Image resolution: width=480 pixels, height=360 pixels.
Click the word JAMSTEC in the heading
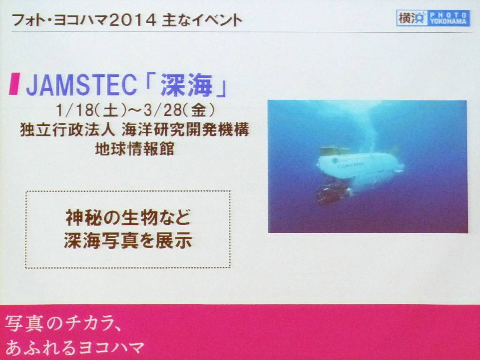[81, 85]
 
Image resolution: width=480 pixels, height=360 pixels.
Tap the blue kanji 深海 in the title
[187, 85]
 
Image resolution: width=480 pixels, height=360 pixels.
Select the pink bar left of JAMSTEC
[14, 84]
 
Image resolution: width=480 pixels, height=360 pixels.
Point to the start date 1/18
[75, 110]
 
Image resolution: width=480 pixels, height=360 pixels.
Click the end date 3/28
[162, 110]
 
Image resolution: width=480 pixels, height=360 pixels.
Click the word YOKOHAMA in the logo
[448, 21]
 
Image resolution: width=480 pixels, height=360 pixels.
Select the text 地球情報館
[135, 149]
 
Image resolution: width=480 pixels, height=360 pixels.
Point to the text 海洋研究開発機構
[185, 130]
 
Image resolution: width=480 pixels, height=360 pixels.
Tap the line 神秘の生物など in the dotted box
[128, 217]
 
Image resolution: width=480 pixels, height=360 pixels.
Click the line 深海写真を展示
[128, 240]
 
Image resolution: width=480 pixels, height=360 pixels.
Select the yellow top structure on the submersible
[335, 150]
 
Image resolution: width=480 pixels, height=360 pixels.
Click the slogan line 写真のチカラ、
[63, 324]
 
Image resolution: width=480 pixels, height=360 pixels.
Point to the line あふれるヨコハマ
[75, 347]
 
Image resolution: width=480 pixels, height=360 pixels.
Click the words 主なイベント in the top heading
[202, 20]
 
